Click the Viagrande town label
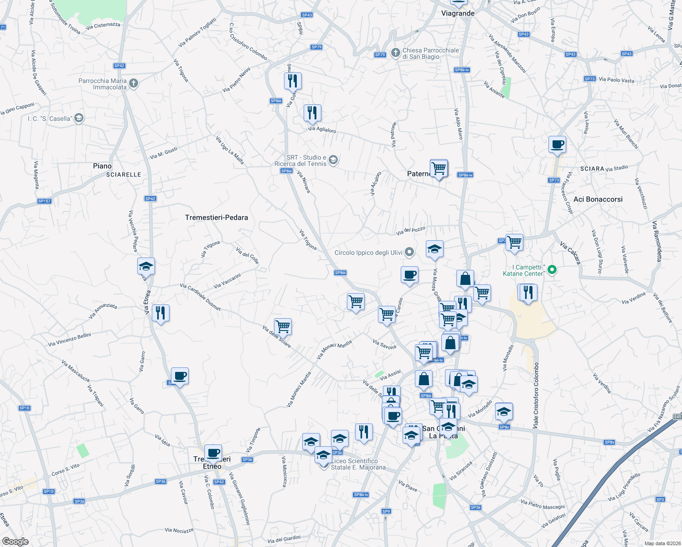click(458, 13)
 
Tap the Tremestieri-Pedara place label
click(217, 217)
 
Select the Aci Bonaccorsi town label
click(598, 199)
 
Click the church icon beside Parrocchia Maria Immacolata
click(134, 83)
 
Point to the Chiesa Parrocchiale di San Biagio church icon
click(395, 53)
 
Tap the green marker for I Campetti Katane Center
click(552, 270)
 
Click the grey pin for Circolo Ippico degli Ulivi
click(409, 252)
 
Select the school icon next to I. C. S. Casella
click(79, 119)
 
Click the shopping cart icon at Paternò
click(439, 168)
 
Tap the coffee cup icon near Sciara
click(557, 144)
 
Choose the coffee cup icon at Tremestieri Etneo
click(213, 453)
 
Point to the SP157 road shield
click(44, 201)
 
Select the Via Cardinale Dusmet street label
click(200, 297)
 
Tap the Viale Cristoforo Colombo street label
click(536, 395)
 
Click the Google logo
click(15, 542)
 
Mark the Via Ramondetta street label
click(656, 241)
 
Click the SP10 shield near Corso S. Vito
click(48, 491)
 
